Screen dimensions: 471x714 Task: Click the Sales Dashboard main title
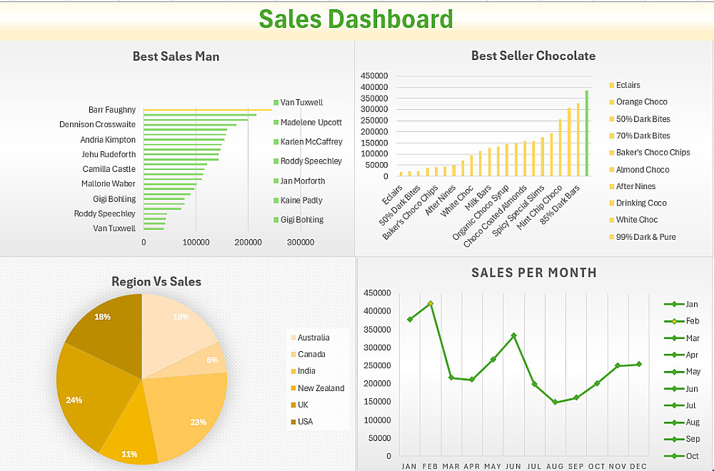(356, 19)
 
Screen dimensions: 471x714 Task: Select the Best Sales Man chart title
(176, 56)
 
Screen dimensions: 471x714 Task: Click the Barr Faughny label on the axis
(112, 110)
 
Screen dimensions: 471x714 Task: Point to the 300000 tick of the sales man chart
(300, 243)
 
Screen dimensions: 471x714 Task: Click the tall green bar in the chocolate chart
(587, 133)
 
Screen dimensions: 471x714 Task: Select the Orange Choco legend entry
(641, 102)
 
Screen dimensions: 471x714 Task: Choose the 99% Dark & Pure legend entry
(645, 237)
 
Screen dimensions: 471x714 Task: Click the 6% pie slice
(214, 359)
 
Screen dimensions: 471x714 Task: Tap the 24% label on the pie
(74, 400)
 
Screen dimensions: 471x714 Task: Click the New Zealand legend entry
(321, 388)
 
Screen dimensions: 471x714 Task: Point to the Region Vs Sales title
(156, 282)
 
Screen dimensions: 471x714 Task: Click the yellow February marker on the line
(431, 303)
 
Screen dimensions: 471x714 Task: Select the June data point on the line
(513, 335)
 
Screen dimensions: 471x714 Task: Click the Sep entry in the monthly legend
(692, 439)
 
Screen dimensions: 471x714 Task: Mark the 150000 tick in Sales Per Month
(378, 402)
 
